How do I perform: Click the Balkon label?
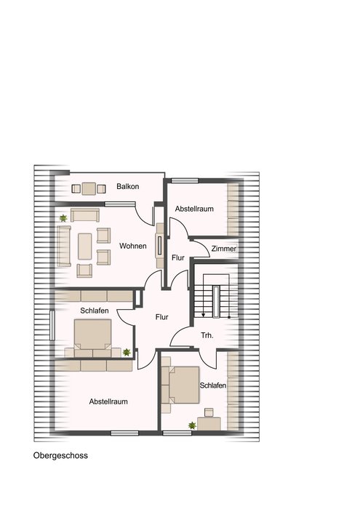click(x=127, y=186)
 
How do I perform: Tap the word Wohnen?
click(x=133, y=246)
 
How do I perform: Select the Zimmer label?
click(x=224, y=249)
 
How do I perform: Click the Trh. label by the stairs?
click(x=207, y=335)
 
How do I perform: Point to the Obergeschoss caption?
click(x=60, y=455)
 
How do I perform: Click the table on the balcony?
click(x=89, y=188)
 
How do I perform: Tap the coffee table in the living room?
click(x=84, y=247)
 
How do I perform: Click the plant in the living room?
click(x=63, y=218)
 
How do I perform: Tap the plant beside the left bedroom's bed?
click(x=127, y=352)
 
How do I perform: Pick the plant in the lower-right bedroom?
click(x=192, y=425)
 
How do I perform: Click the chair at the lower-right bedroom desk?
click(x=209, y=412)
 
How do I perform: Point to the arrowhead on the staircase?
click(x=203, y=315)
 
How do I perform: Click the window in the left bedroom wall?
click(x=52, y=326)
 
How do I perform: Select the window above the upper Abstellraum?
click(x=185, y=181)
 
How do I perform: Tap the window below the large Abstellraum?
click(x=124, y=433)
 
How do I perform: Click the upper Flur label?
click(x=178, y=257)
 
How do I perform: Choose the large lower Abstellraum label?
click(x=108, y=401)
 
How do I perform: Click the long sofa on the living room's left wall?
click(x=64, y=246)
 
